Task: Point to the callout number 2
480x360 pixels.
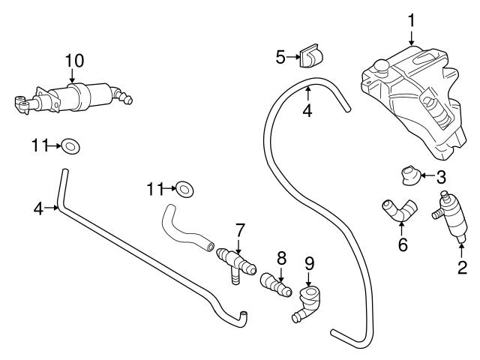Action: click(462, 266)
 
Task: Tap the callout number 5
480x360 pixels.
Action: click(280, 55)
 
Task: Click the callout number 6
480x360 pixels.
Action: click(403, 244)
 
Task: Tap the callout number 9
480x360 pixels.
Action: click(309, 263)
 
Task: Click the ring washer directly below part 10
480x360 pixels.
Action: click(70, 145)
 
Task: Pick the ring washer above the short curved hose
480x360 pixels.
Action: click(184, 187)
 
